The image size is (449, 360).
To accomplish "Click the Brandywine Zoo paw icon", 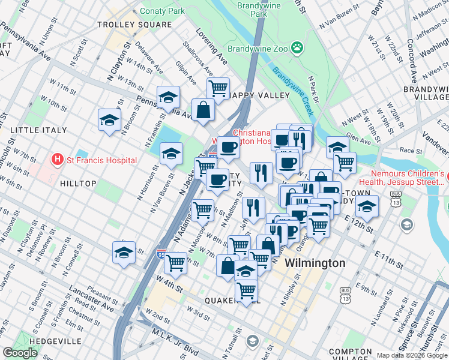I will pyautogui.click(x=297, y=47).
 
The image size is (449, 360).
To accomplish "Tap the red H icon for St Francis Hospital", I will pyautogui.click(x=58, y=160).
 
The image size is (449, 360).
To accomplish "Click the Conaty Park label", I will pyautogui.click(x=162, y=11).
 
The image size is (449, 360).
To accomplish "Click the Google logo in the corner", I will pyautogui.click(x=20, y=353).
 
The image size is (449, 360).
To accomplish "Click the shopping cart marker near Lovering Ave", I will pyautogui.click(x=217, y=89).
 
